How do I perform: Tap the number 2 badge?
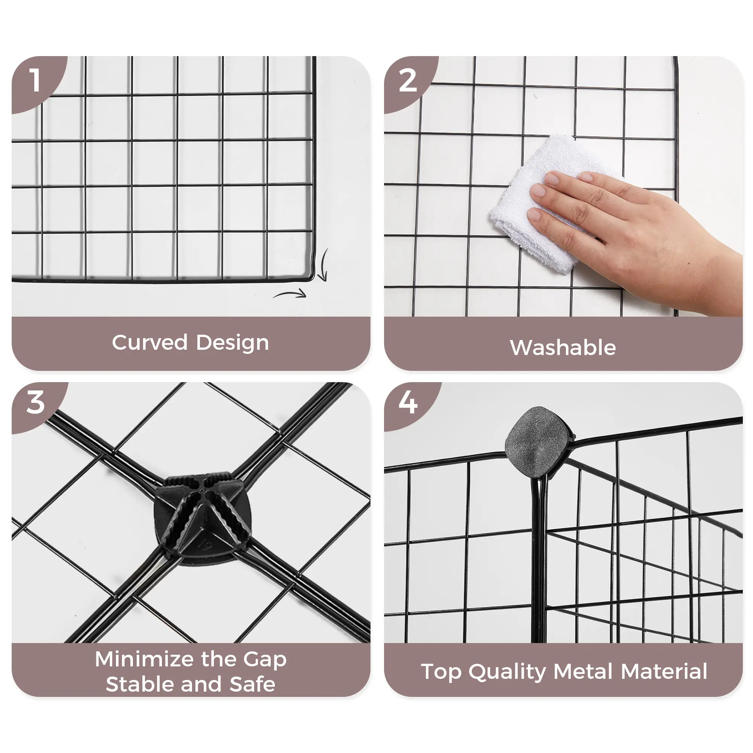[x=408, y=81]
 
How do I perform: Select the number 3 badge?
[x=36, y=402]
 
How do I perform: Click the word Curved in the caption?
[x=150, y=343]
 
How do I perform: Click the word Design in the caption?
[x=232, y=343]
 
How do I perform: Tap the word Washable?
[x=563, y=348]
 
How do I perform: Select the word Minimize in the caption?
[x=145, y=659]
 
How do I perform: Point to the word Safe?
[x=253, y=685]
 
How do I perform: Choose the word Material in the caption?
[x=664, y=672]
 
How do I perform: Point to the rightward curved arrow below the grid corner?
[x=290, y=295]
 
